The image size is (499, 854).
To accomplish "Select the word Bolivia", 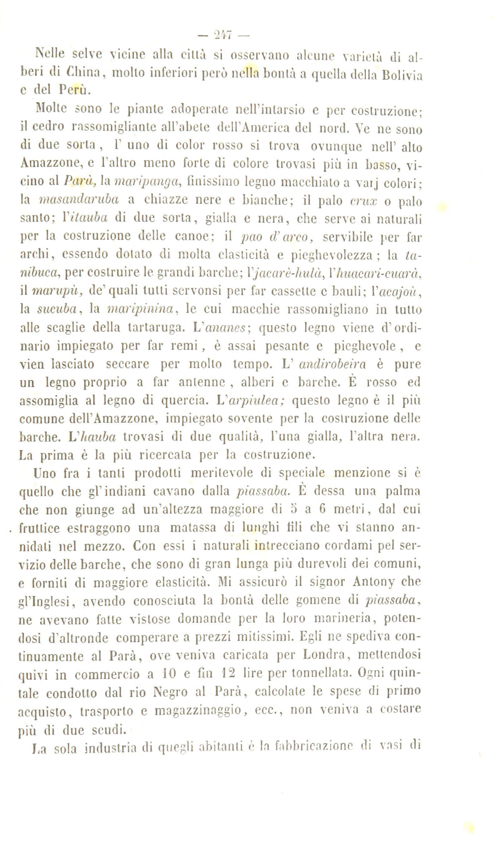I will (x=402, y=75).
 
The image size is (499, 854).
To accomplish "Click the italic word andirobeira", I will (x=332, y=364).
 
